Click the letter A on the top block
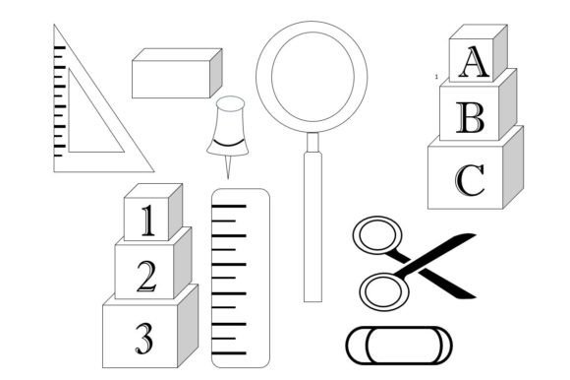(474, 61)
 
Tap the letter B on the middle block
(471, 117)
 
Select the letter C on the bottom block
(470, 180)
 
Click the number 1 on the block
(148, 221)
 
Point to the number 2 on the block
(146, 277)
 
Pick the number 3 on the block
(144, 339)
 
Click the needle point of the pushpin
(228, 178)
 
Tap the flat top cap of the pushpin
(230, 103)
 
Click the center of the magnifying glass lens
(313, 77)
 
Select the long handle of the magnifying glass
(313, 226)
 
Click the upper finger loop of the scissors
(377, 234)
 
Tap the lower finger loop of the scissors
(384, 292)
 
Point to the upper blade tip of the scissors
(475, 234)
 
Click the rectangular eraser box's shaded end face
(216, 73)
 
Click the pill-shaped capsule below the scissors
(399, 346)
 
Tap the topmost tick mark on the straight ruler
(229, 207)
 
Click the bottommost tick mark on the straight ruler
(229, 353)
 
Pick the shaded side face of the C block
(513, 167)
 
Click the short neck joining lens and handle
(313, 143)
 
